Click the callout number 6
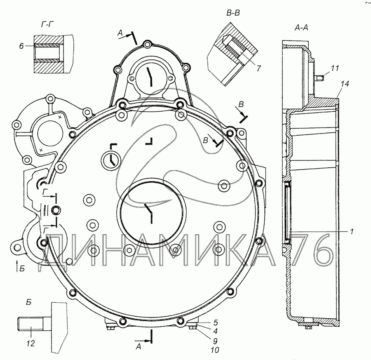[21, 46]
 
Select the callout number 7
[258, 68]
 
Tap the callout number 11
[335, 68]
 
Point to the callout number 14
[345, 84]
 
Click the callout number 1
[352, 231]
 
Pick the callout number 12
[31, 343]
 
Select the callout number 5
[215, 322]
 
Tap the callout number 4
[215, 331]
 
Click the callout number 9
[215, 341]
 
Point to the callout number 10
[215, 350]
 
